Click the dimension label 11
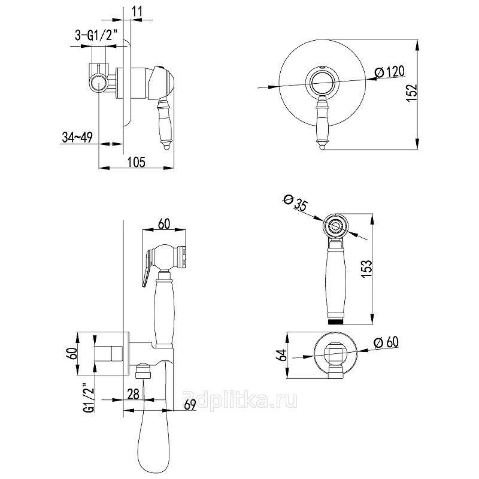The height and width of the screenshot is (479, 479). click(x=137, y=11)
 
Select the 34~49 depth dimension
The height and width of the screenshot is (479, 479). click(x=76, y=138)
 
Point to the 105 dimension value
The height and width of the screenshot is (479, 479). click(x=138, y=160)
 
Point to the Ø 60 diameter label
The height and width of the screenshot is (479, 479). click(x=387, y=342)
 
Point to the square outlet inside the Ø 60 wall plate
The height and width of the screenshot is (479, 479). click(x=336, y=354)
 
